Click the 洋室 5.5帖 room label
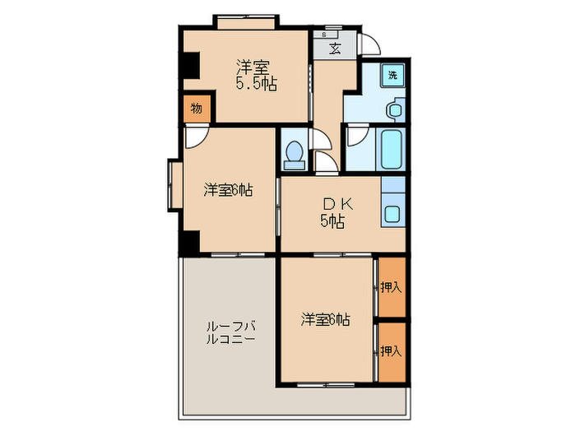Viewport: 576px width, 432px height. point(256,75)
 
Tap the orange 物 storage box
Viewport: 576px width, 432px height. point(197,109)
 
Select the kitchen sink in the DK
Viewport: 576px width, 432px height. point(393,214)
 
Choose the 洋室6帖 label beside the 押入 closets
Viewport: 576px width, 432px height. point(325,318)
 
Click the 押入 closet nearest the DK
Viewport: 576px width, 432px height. point(391,287)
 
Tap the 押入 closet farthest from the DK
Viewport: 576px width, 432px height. point(391,351)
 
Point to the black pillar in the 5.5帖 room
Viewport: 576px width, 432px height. point(190,64)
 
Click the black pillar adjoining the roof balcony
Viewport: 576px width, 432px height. point(188,244)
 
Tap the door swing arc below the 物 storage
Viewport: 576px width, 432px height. point(195,137)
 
